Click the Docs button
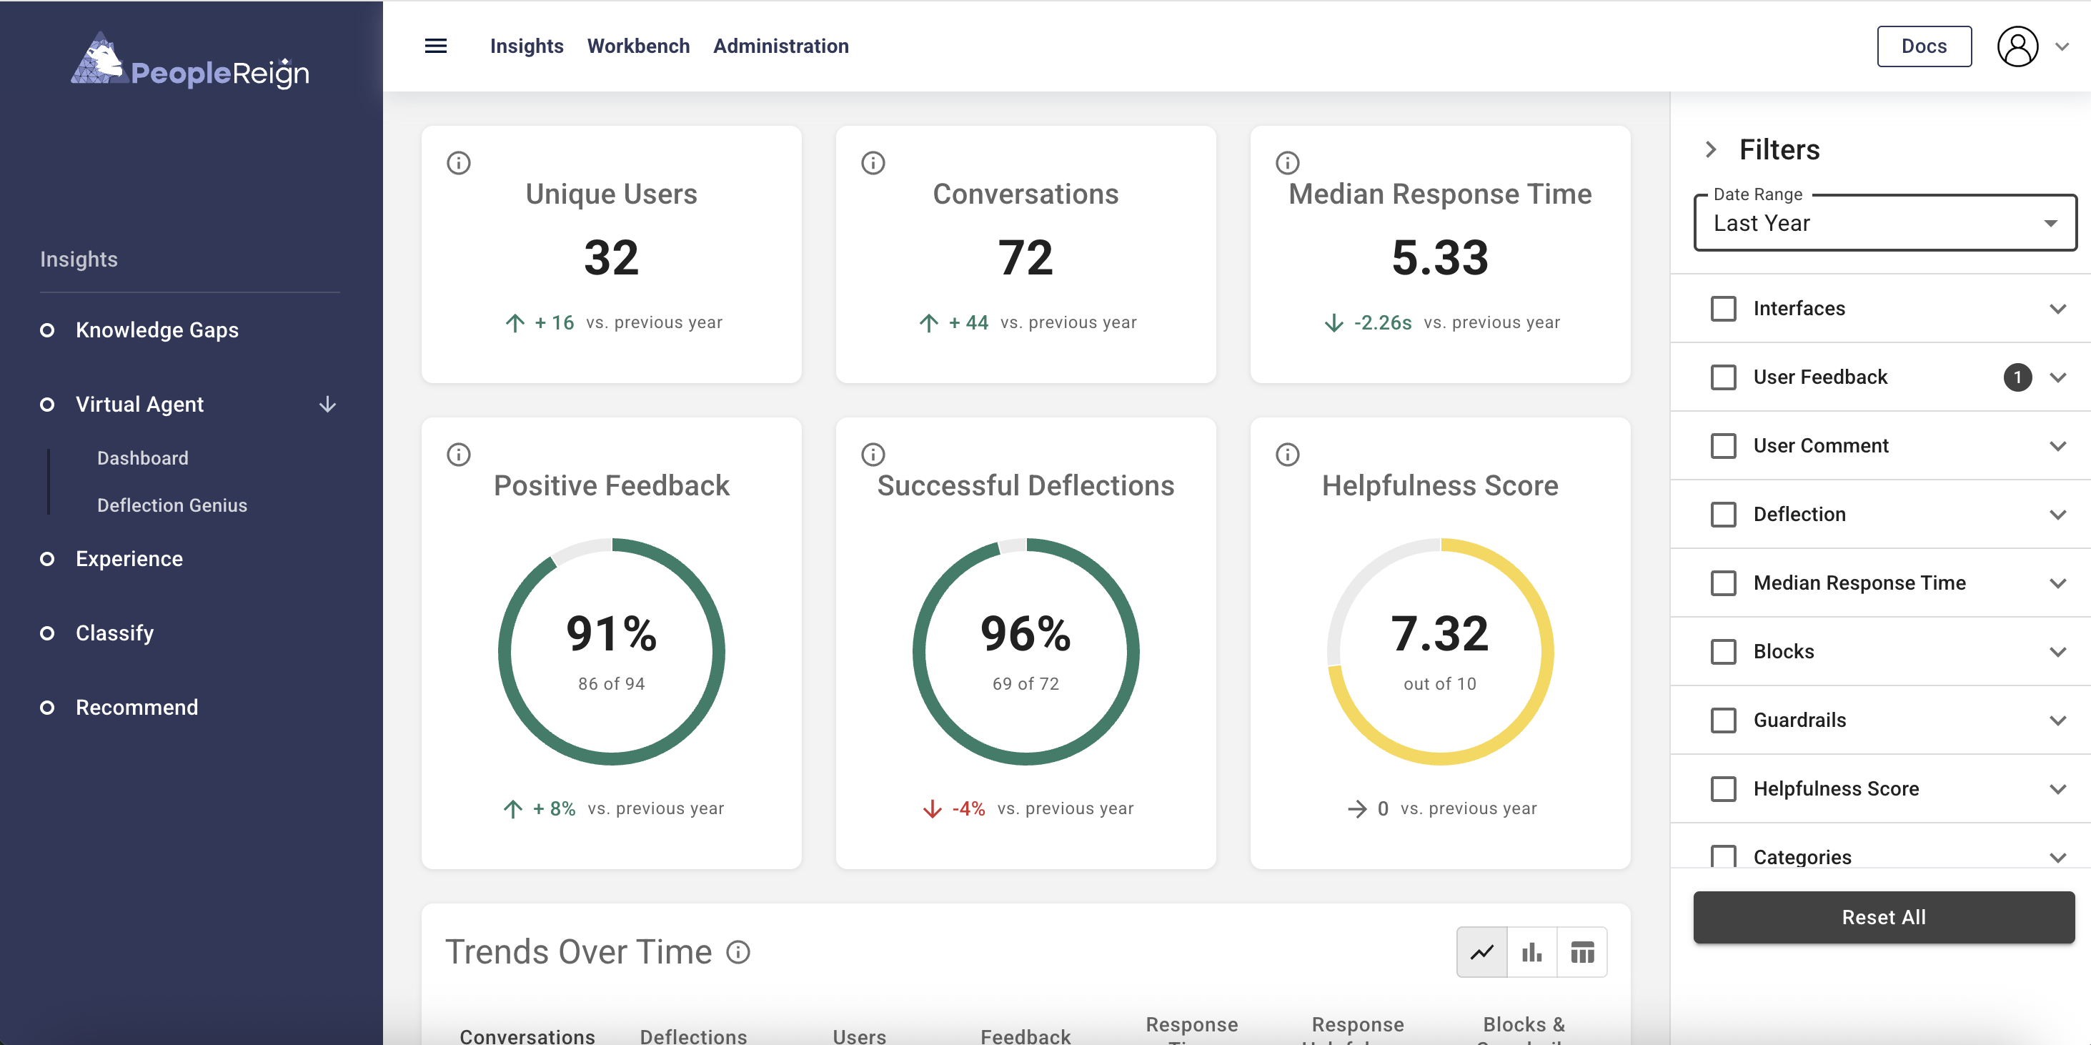coord(1923,46)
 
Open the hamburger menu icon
coord(436,46)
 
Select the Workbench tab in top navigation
coord(638,46)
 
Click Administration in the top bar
coord(780,46)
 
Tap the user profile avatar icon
coord(2017,46)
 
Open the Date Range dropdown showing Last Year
coord(1884,223)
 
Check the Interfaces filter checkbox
coord(1722,309)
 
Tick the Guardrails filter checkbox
coord(1722,720)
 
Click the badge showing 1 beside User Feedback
coord(2017,377)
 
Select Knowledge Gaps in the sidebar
coord(157,330)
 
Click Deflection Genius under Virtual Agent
coord(172,505)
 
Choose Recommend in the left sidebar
coord(136,707)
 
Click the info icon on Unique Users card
coord(459,163)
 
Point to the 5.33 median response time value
coord(1439,258)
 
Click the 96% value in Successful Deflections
coord(1025,634)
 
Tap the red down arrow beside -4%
coord(932,808)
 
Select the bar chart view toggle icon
coord(1531,951)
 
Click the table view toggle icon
coord(1581,951)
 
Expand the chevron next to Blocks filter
coord(2057,652)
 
